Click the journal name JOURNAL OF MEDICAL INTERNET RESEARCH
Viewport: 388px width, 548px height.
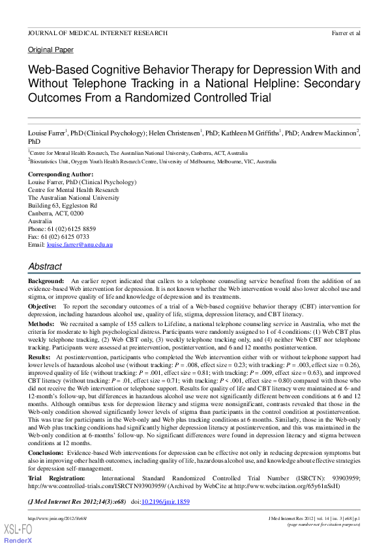pos(97,33)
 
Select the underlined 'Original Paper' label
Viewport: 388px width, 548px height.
pos(50,49)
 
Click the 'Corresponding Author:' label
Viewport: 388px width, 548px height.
pos(60,175)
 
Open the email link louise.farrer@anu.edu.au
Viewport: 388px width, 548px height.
pos(80,245)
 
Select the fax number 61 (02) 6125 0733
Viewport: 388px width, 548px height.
pos(66,237)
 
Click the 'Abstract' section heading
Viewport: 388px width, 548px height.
pos(45,267)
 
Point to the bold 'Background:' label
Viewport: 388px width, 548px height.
pos(46,280)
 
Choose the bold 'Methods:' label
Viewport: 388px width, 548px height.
pos(40,323)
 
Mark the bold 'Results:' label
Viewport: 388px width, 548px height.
pos(39,357)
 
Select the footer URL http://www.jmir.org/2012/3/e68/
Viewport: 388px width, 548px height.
pos(57,517)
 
